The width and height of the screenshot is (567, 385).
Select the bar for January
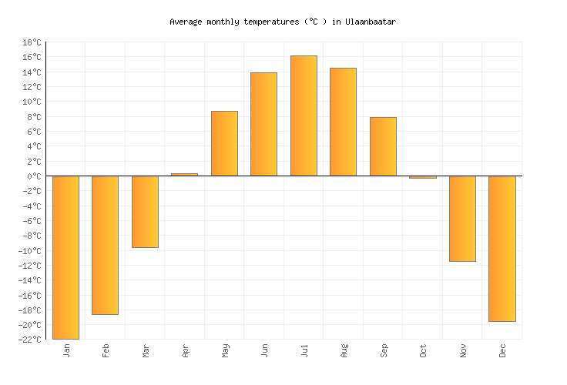[x=65, y=257]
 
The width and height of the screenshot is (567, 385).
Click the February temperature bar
[x=105, y=245]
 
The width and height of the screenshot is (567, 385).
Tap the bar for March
[x=145, y=212]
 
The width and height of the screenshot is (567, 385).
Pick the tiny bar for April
[x=184, y=175]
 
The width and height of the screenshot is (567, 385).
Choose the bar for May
[x=224, y=143]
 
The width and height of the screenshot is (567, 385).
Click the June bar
[x=263, y=124]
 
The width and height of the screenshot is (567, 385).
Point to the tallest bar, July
[x=304, y=115]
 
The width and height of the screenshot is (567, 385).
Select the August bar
[x=343, y=122]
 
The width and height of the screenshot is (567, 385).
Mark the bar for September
[x=383, y=146]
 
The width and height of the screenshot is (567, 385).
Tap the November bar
[x=462, y=219]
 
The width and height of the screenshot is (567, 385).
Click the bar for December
[x=502, y=249]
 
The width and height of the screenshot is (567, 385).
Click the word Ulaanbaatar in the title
[x=371, y=22]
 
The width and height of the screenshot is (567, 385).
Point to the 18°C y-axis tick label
[x=32, y=42]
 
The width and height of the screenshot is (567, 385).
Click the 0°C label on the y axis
[x=35, y=176]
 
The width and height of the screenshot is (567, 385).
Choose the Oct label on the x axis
[x=423, y=350]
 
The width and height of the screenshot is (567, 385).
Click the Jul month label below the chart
[x=304, y=350]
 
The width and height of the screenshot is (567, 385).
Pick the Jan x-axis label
[x=66, y=350]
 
